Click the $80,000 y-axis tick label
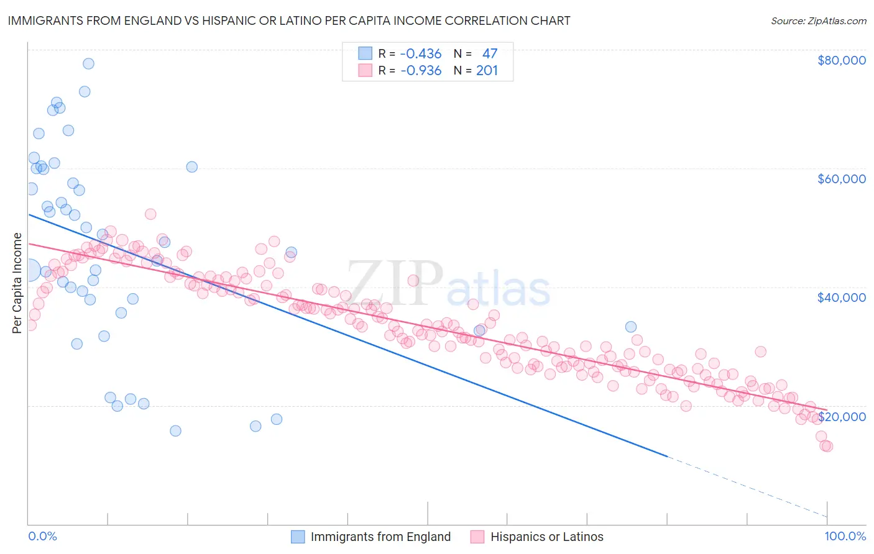(x=841, y=60)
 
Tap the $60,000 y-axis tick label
(x=841, y=179)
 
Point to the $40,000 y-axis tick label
(x=841, y=297)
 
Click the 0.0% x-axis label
(x=42, y=536)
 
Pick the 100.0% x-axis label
(x=845, y=536)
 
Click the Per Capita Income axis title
(x=17, y=283)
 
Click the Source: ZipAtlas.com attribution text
(x=818, y=20)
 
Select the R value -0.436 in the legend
(x=421, y=54)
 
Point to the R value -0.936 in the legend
(x=421, y=71)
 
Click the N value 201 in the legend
(x=487, y=71)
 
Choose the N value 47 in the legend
(x=490, y=54)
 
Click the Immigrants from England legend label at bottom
(x=380, y=537)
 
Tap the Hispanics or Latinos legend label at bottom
(x=546, y=537)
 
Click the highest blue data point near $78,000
(x=88, y=63)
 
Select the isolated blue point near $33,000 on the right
(x=630, y=327)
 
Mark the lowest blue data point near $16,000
(x=175, y=431)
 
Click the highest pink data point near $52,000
(x=150, y=214)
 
